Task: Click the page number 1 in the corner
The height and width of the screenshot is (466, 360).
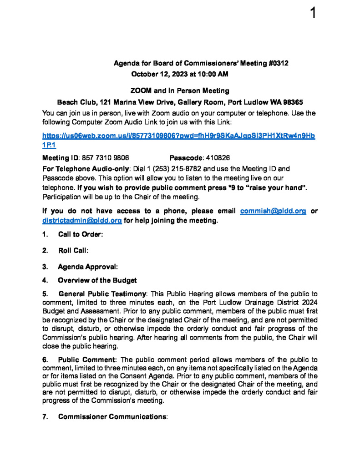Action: (x=313, y=13)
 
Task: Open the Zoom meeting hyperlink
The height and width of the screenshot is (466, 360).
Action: (x=178, y=136)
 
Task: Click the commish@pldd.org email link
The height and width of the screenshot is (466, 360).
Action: (x=273, y=211)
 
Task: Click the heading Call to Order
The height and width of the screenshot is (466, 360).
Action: (x=80, y=234)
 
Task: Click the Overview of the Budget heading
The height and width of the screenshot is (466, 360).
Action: (x=97, y=280)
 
